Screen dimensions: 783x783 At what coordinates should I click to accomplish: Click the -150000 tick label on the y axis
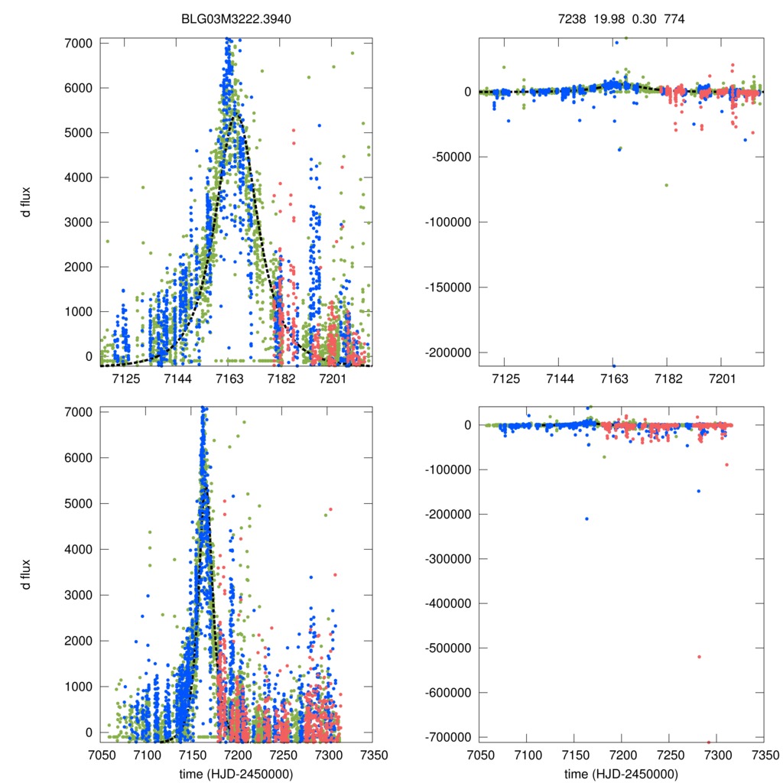[447, 288]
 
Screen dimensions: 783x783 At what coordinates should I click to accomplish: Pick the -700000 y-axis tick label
[447, 736]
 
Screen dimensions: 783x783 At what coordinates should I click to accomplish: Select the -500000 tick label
[447, 648]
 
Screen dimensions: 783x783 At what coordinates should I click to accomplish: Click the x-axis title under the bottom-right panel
[621, 774]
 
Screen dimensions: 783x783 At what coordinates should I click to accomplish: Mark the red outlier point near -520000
[699, 657]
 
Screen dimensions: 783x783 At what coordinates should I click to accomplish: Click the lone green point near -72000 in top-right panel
[666, 185]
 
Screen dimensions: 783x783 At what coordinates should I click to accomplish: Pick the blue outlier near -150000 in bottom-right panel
[698, 491]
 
